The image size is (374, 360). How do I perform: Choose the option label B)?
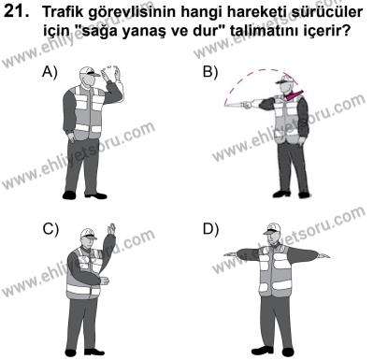[x=210, y=72]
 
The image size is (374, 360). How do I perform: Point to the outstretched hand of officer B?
[x=230, y=102]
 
